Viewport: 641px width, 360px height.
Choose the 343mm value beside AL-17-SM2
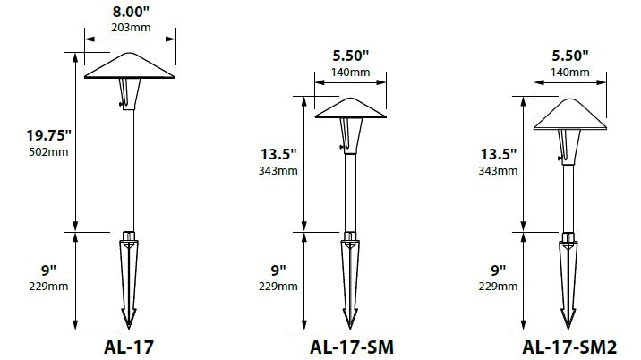[x=495, y=170]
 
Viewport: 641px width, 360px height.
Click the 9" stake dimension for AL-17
[x=47, y=270]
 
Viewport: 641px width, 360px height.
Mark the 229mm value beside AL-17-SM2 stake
[x=495, y=286]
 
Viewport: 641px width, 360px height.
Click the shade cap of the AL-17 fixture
[x=129, y=66]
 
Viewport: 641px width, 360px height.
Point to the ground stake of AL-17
[x=129, y=278]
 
